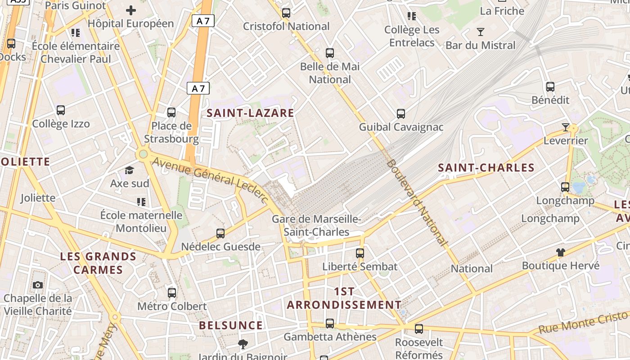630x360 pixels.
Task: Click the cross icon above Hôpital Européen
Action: point(131,10)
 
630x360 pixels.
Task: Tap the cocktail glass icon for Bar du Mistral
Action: point(481,32)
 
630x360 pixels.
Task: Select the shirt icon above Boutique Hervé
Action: point(560,252)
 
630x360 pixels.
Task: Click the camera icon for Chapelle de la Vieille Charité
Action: point(38,285)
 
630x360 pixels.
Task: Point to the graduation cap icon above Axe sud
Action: point(130,170)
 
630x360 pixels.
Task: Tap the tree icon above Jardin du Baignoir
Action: point(243,344)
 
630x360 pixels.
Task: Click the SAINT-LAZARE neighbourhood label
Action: point(250,113)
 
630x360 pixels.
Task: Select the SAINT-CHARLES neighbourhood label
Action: point(486,168)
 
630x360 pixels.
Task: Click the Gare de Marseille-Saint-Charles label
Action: point(316,225)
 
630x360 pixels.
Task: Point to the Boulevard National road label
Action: point(417,202)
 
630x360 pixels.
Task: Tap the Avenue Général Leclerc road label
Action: point(211,178)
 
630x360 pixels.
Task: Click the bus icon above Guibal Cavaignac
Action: point(401,114)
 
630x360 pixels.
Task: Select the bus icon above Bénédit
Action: point(550,87)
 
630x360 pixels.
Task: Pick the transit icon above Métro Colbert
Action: point(172,293)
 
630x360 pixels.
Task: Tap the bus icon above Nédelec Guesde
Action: point(220,233)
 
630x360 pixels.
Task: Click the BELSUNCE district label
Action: point(231,325)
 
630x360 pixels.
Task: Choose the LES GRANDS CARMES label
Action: point(98,263)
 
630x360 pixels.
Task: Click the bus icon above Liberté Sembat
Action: point(360,253)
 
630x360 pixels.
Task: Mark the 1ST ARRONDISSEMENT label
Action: point(344,298)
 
